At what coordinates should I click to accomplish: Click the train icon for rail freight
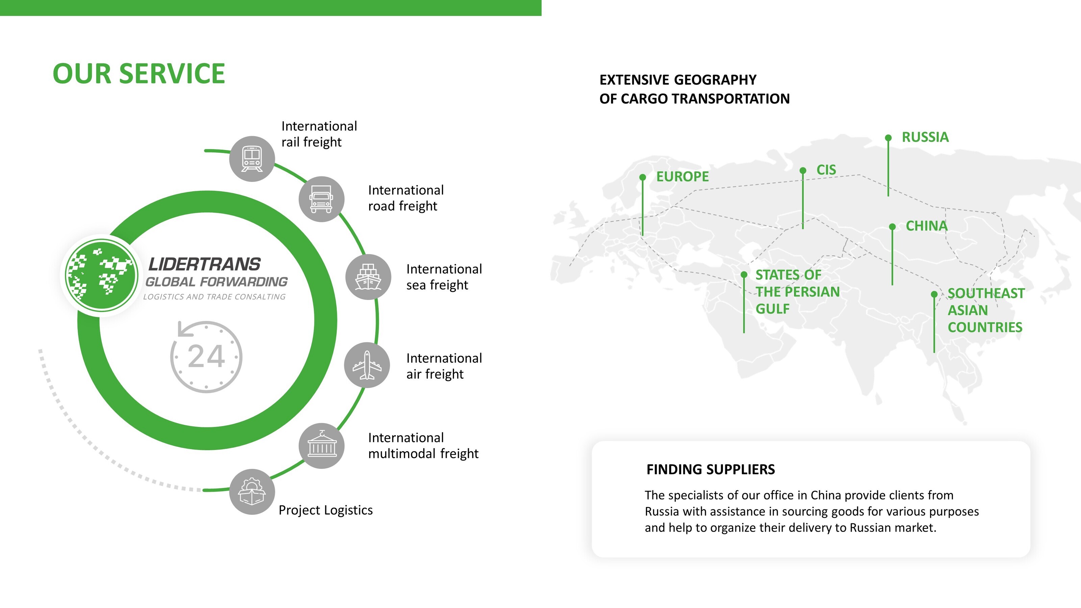[x=252, y=159]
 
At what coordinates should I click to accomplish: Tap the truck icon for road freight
[x=322, y=199]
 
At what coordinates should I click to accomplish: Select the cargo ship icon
[x=368, y=277]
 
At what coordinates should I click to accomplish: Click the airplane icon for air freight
[x=367, y=365]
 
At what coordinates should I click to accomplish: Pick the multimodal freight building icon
[x=322, y=446]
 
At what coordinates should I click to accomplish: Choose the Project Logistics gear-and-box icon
[x=252, y=492]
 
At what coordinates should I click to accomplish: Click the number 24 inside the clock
[x=206, y=357]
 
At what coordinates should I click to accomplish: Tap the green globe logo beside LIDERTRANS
[x=101, y=275]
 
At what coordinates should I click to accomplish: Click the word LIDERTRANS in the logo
[x=204, y=264]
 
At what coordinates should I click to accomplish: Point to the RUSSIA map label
[x=925, y=137]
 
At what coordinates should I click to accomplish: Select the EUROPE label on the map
[x=682, y=177]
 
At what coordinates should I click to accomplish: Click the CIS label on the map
[x=826, y=170]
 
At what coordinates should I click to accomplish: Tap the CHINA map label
[x=926, y=226]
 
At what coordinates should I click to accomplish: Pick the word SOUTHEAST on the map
[x=986, y=293]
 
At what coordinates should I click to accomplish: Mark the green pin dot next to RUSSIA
[x=888, y=137]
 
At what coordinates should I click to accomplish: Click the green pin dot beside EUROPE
[x=643, y=177]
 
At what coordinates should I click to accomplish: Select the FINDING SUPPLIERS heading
[x=710, y=469]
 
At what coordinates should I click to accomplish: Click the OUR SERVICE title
[x=139, y=74]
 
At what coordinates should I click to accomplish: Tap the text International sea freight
[x=444, y=277]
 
